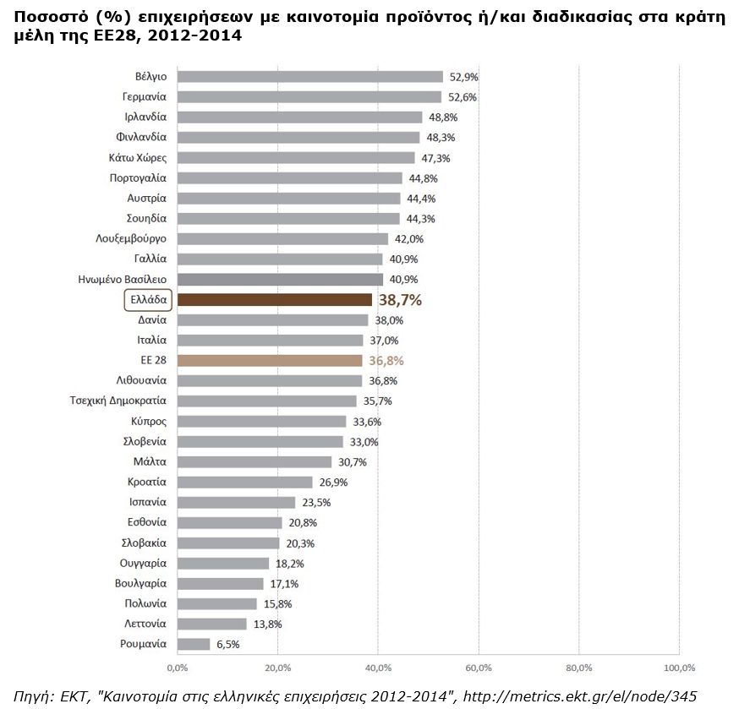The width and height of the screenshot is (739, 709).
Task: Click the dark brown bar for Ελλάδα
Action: [275, 300]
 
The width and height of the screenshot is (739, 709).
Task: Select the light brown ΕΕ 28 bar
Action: [270, 361]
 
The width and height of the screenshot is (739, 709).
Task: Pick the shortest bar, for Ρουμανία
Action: [194, 645]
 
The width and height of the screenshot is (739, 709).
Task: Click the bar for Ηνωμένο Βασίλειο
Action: [280, 280]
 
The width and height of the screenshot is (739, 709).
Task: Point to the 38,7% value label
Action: [400, 300]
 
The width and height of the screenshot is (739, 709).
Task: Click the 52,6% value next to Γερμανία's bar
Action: [463, 97]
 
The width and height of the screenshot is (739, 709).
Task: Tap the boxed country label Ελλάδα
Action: [147, 300]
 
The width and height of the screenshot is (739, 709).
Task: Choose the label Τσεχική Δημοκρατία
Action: [118, 401]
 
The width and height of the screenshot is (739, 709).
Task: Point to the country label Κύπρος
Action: [149, 422]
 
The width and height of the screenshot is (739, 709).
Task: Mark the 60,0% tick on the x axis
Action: [479, 668]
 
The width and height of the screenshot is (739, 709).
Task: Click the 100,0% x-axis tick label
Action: [679, 668]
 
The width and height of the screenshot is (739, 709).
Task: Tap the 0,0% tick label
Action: [178, 668]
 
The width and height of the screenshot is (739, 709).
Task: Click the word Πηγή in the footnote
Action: [34, 695]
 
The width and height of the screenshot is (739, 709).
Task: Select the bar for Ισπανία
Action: [236, 503]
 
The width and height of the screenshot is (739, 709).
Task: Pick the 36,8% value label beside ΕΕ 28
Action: [386, 361]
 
